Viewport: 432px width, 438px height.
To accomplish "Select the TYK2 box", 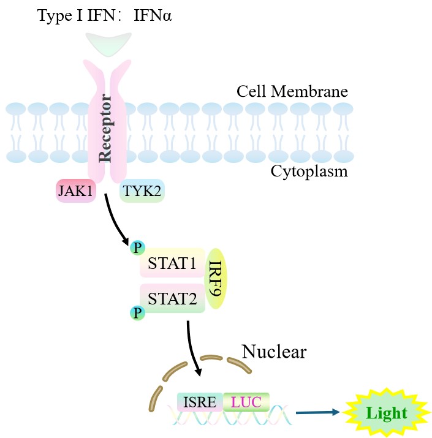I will tap(142, 191).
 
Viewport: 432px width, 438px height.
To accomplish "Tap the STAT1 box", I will tap(172, 265).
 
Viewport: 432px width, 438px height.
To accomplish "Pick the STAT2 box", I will tap(172, 298).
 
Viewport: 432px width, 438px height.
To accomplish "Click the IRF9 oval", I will tap(216, 279).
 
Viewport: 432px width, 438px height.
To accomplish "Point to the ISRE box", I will tap(200, 402).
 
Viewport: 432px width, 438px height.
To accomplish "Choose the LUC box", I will tap(246, 402).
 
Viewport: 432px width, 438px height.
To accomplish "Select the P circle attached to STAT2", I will tap(137, 314).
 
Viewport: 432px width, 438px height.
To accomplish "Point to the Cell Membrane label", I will tap(292, 92).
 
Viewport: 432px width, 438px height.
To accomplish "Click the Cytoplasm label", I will tap(309, 171).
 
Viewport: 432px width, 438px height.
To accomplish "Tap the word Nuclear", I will tap(273, 352).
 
